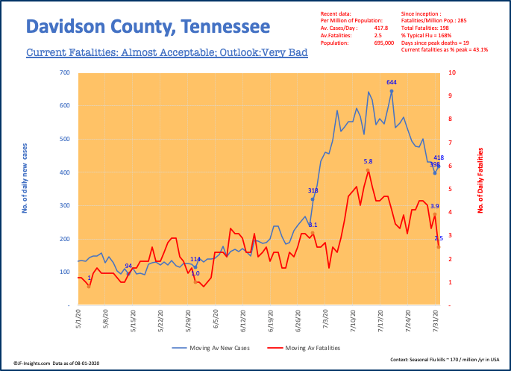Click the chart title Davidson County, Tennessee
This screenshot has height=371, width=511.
[148, 28]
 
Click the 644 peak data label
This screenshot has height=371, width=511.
[391, 81]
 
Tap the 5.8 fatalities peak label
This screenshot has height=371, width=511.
[368, 161]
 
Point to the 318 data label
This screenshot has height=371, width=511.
[313, 190]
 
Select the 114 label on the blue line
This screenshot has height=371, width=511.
[195, 259]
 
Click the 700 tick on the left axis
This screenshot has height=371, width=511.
[64, 73]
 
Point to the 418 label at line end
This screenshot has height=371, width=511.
[439, 158]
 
